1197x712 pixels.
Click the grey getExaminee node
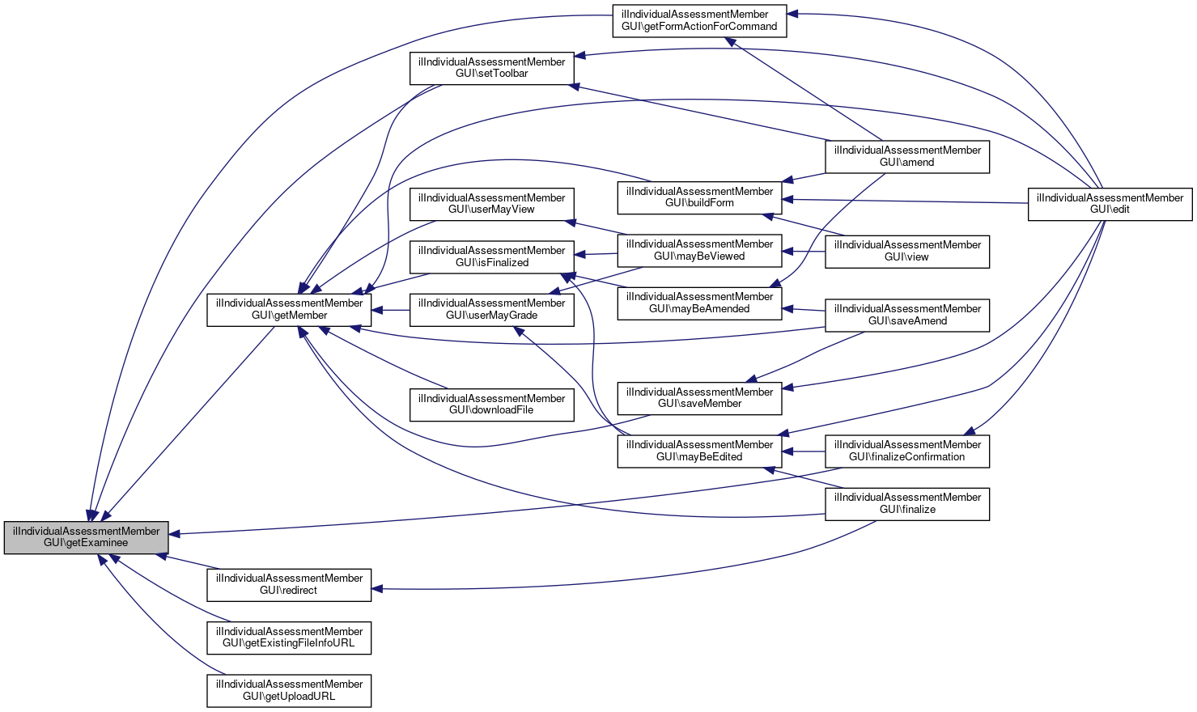[87, 537]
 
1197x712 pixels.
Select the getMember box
[289, 310]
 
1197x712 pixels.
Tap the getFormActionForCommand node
[699, 20]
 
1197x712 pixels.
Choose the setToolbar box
[491, 68]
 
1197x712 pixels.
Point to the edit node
[1110, 204]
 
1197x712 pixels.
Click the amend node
[906, 156]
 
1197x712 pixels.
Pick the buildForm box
[699, 197]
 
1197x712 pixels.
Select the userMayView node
[491, 204]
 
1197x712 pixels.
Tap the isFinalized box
[491, 256]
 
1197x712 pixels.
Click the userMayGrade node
[491, 309]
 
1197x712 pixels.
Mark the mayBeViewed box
[699, 250]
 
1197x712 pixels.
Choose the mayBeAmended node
[699, 303]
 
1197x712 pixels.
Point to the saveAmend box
[906, 315]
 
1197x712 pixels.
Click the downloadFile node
[491, 405]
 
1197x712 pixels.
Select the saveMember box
[699, 398]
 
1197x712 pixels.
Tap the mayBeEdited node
[699, 451]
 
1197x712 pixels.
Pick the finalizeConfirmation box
[906, 451]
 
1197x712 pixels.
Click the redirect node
[289, 584]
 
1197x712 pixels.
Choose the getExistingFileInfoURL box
[289, 638]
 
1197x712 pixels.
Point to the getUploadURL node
[289, 690]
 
